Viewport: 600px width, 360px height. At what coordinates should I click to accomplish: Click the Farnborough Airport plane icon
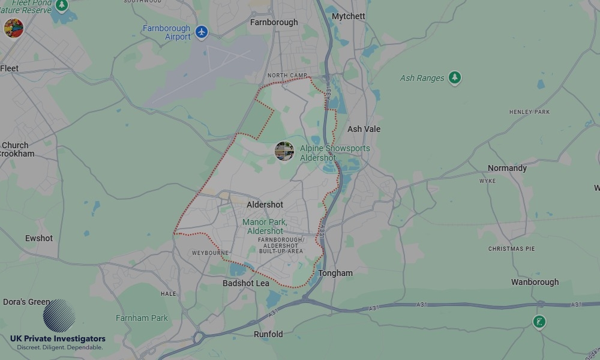tap(202, 32)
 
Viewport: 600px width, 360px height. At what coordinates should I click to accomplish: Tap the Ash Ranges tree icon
tap(455, 77)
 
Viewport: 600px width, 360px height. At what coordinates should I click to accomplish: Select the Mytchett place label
tap(348, 16)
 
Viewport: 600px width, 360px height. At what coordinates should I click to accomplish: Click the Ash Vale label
tap(364, 129)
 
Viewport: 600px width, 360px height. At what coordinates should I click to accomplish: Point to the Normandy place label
tap(507, 168)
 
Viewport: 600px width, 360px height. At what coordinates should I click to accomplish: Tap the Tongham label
tap(335, 273)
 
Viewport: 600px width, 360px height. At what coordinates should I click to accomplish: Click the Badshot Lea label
tap(246, 283)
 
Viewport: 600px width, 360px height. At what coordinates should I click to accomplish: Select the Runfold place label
tap(268, 334)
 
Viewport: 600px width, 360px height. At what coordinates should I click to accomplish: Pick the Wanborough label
tap(535, 282)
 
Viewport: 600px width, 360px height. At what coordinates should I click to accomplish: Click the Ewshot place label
tap(39, 238)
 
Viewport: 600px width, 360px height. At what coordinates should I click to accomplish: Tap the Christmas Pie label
tap(511, 248)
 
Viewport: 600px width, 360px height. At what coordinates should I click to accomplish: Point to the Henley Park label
tap(529, 112)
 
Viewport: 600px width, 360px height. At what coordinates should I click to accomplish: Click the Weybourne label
tap(210, 253)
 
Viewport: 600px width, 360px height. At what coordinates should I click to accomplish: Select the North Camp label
tap(283, 76)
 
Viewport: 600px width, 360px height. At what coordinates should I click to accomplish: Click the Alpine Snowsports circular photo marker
tap(284, 151)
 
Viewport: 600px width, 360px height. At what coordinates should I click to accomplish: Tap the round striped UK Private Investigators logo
tap(59, 316)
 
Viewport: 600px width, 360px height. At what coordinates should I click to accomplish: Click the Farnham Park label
tap(142, 318)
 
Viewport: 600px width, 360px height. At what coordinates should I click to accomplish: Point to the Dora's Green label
tap(26, 302)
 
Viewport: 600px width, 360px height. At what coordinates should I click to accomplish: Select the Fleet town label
tap(10, 68)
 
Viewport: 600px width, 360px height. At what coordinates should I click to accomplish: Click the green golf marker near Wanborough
tap(539, 322)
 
